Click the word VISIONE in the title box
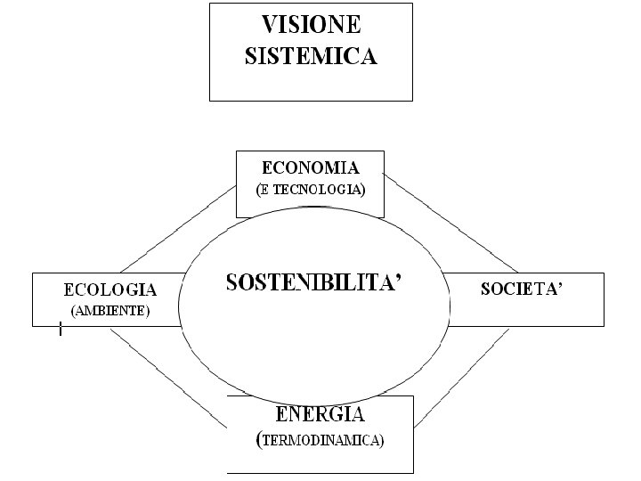tap(311, 26)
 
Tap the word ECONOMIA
tap(310, 167)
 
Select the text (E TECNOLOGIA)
tap(310, 190)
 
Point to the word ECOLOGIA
tap(110, 289)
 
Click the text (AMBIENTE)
tap(110, 311)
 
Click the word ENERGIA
tap(320, 413)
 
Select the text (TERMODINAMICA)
tap(320, 440)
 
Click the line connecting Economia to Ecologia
tap(178, 229)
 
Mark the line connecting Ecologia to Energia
tap(169, 374)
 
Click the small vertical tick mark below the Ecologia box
tap(60, 331)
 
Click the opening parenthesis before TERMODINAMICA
tap(258, 439)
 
